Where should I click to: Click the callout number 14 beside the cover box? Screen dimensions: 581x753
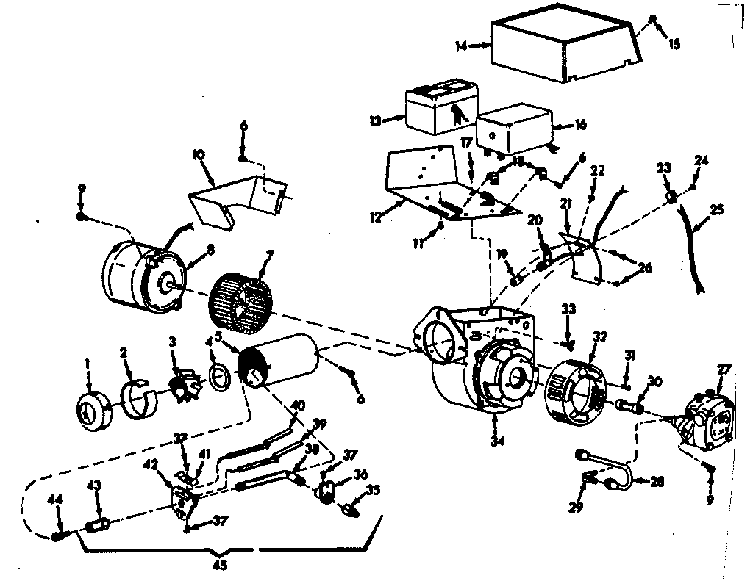point(460,46)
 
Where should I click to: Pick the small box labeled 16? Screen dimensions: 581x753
point(515,128)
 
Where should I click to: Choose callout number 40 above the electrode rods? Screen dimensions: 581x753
point(297,405)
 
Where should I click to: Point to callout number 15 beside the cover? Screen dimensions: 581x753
point(674,44)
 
